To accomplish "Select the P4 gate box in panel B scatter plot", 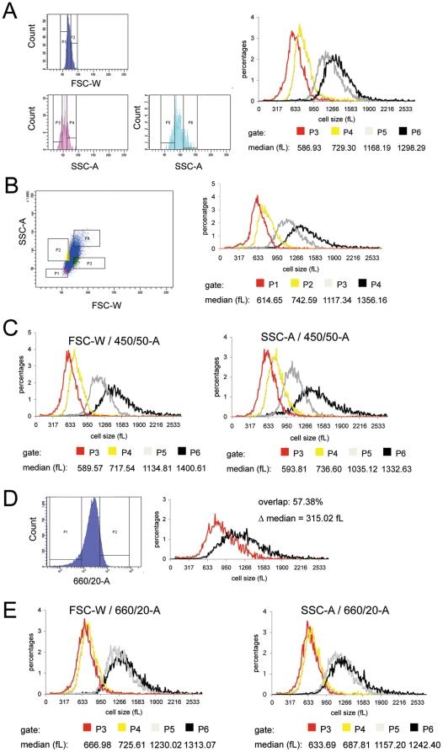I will (x=87, y=238).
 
